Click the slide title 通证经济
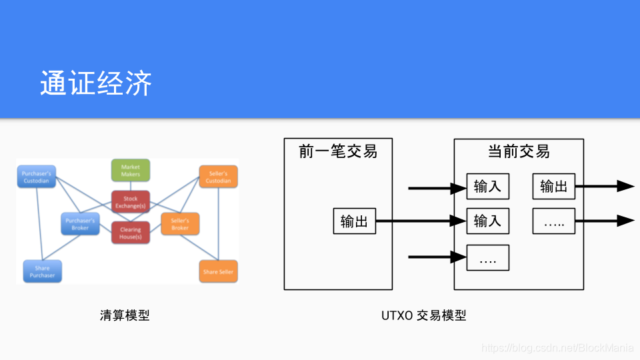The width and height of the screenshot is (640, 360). coord(96,84)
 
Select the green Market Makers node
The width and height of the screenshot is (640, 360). coord(131,171)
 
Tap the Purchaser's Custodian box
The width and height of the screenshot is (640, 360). coord(37,177)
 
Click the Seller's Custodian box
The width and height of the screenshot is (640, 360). coord(218,177)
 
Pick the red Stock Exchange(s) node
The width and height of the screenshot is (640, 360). coord(131,202)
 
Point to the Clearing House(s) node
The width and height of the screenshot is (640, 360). coord(131,233)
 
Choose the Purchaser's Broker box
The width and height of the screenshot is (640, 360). coord(81,224)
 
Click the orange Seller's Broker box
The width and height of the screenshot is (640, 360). coord(180,224)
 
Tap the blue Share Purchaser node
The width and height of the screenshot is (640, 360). coord(42,271)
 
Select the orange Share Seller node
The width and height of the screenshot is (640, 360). coord(219,271)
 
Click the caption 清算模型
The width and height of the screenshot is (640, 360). coord(125,315)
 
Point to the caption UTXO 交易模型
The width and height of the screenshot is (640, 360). coord(423,315)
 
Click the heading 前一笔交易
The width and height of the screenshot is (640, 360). coord(338,152)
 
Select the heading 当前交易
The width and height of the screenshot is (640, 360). coord(519,151)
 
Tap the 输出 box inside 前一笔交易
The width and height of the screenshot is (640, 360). coord(354,221)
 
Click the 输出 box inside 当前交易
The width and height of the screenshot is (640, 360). coord(553,187)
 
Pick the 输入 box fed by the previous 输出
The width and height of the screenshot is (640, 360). coord(487,221)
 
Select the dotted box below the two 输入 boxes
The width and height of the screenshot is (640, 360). coord(487,257)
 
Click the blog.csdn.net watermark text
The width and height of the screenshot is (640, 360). coord(557,347)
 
